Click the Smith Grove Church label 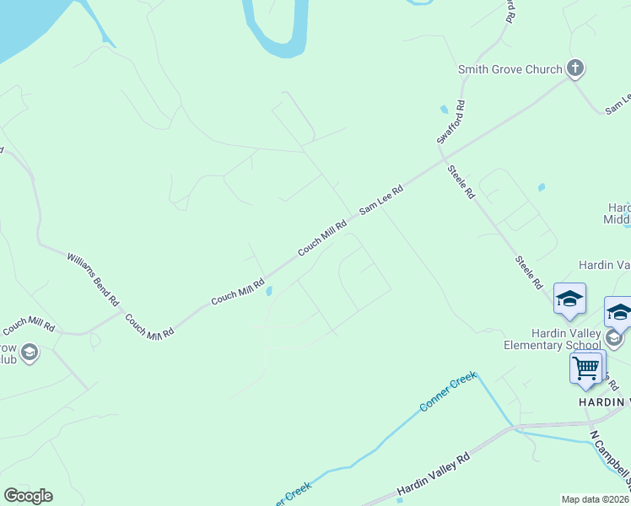[510, 69]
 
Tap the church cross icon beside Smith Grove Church [575, 67]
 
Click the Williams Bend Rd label [93, 277]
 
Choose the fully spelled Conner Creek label [447, 392]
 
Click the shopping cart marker [585, 368]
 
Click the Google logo [28, 496]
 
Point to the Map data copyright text [595, 498]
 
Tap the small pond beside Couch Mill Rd [268, 292]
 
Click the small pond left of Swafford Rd [444, 110]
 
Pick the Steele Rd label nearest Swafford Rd [461, 181]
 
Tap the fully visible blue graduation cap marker [569, 299]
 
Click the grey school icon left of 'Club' [30, 352]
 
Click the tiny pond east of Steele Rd [541, 187]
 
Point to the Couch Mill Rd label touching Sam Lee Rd [322, 239]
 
